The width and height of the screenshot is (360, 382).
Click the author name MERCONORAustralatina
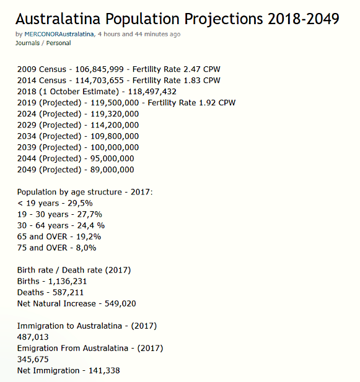pos(59,34)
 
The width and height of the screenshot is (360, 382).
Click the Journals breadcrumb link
pos(27,43)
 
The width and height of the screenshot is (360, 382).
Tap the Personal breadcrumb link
pos(58,43)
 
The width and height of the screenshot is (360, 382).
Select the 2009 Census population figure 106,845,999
pos(99,69)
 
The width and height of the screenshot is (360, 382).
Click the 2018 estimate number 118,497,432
pos(152,92)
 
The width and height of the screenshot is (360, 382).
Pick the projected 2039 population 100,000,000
pos(115,147)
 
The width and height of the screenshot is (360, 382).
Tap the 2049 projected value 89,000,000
pos(112,170)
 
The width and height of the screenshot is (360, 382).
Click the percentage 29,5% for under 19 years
pos(80,203)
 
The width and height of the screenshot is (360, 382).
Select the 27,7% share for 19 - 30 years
pos(89,214)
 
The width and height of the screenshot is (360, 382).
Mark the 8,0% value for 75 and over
pos(86,248)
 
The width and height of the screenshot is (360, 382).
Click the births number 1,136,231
pos(68,281)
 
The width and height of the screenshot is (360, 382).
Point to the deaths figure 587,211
pos(68,293)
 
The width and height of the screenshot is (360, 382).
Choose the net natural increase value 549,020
pos(120,304)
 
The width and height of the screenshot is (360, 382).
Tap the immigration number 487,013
pos(33,337)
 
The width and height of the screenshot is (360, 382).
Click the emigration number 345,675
pos(33,360)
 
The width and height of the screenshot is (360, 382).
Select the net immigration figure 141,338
pos(104,371)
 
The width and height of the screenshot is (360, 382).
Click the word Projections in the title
pos(224,19)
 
